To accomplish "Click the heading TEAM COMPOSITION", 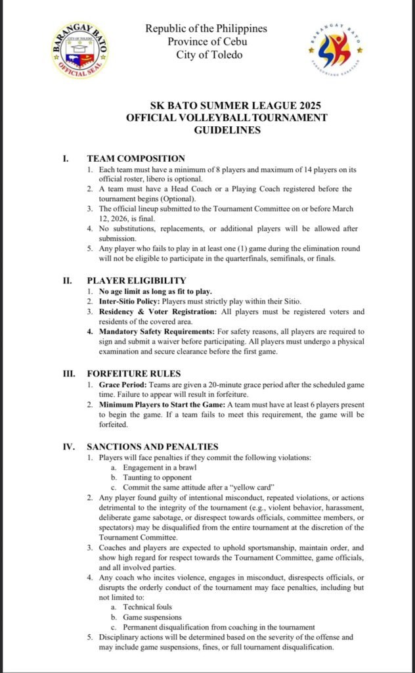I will tap(136, 158).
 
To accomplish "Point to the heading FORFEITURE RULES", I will tap(134, 374).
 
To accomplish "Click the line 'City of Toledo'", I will tap(209, 55).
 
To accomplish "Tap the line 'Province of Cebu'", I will tap(206, 42).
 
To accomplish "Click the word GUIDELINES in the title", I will tap(227, 130).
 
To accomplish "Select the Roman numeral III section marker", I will tap(68, 374).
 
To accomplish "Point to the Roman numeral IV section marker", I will tap(68, 447).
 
